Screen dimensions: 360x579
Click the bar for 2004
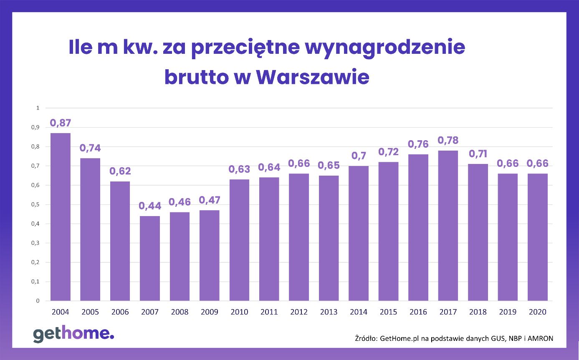pyautogui.click(x=60, y=217)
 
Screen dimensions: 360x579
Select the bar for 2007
pyautogui.click(x=150, y=258)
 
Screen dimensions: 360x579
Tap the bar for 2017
pyautogui.click(x=448, y=226)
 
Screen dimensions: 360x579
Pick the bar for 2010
pyautogui.click(x=239, y=240)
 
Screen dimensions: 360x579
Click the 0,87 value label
pyautogui.click(x=60, y=123)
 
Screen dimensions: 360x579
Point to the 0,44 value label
pyautogui.click(x=150, y=206)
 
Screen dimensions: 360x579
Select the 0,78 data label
pyautogui.click(x=448, y=141)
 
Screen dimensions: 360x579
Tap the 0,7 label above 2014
pyautogui.click(x=359, y=156)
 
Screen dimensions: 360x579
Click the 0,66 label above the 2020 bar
pyautogui.click(x=537, y=164)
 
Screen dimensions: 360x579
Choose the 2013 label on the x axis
pyautogui.click(x=329, y=312)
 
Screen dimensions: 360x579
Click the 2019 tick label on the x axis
pyautogui.click(x=508, y=312)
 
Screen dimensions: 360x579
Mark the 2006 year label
pyautogui.click(x=120, y=312)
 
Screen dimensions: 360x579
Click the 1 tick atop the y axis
pyautogui.click(x=38, y=108)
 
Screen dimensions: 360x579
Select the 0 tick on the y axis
pyautogui.click(x=38, y=301)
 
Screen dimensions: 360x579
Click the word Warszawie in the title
pyautogui.click(x=312, y=77)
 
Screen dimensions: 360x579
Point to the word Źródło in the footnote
pyautogui.click(x=365, y=339)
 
